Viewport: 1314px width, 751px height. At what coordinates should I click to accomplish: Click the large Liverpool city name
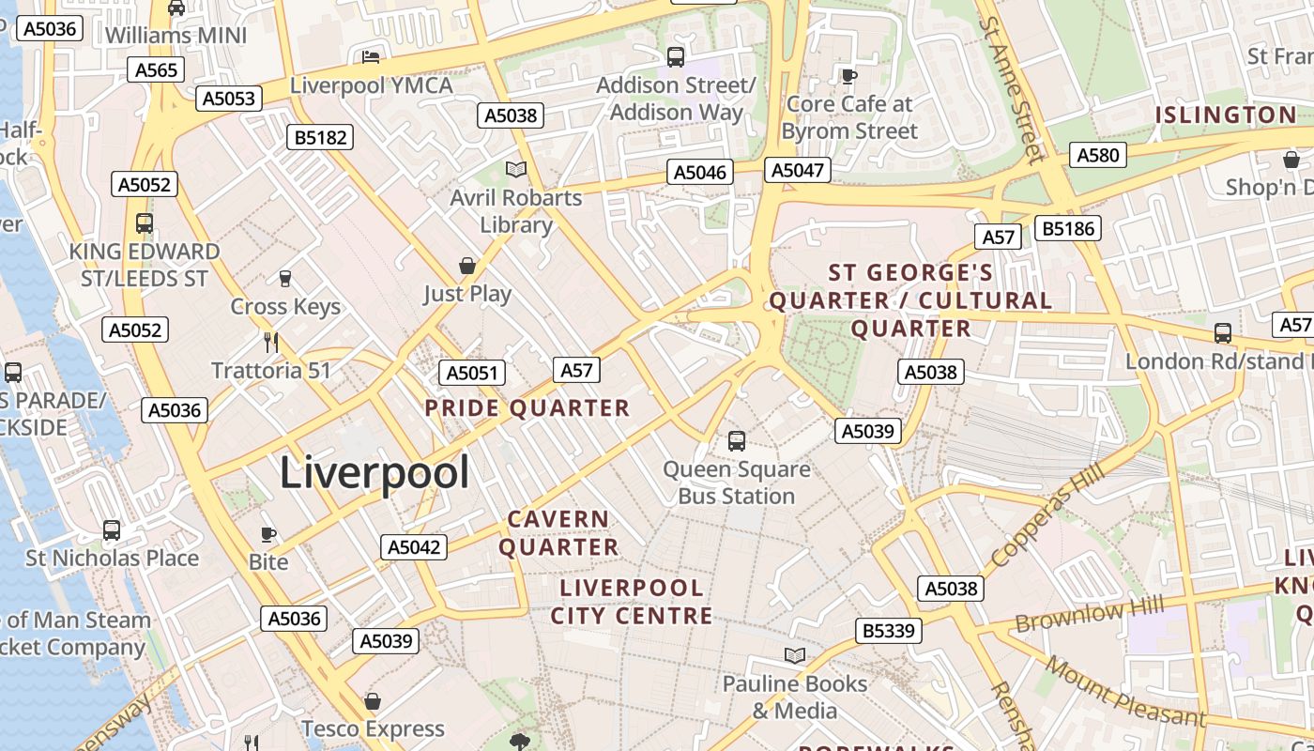click(x=374, y=472)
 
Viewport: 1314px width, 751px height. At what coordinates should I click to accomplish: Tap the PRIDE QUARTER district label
click(x=527, y=408)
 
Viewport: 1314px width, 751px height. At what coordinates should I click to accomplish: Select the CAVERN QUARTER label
click(x=558, y=532)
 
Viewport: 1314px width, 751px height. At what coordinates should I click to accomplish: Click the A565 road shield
click(x=156, y=69)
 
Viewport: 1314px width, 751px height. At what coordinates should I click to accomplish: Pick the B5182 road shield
click(x=321, y=137)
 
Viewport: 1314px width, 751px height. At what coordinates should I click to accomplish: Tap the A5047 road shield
click(x=798, y=170)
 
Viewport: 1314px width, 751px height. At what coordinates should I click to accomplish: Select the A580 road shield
click(x=1097, y=155)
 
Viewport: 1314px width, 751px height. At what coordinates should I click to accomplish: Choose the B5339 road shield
click(x=888, y=630)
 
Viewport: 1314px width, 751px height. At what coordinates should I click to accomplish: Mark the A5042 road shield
click(x=414, y=547)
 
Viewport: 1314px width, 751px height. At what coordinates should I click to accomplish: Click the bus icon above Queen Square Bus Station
click(x=737, y=440)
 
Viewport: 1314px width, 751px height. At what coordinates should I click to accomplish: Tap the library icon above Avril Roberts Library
click(x=516, y=170)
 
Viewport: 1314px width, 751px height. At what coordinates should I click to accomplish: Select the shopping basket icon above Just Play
click(x=466, y=266)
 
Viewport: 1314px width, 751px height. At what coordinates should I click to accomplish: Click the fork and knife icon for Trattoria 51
click(x=271, y=342)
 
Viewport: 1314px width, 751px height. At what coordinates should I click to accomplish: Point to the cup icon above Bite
click(x=268, y=534)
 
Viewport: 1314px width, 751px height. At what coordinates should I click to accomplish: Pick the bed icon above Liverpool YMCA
click(x=371, y=57)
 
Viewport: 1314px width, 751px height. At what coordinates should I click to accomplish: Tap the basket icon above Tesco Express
click(x=373, y=700)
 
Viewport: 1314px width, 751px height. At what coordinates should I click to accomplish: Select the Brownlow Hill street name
click(x=1090, y=615)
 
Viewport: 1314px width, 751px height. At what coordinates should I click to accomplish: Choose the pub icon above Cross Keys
click(x=285, y=278)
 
